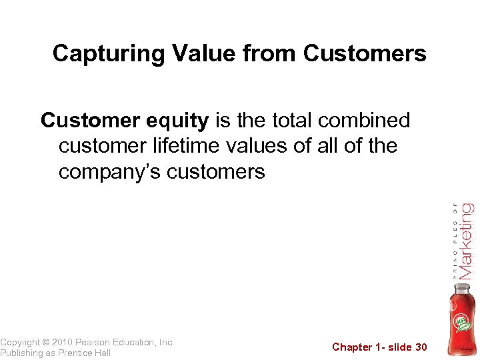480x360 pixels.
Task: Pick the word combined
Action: [x=364, y=121]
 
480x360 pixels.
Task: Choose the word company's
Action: [x=109, y=172]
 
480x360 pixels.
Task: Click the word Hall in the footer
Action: [x=101, y=353]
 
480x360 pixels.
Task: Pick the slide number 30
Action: [x=421, y=347]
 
